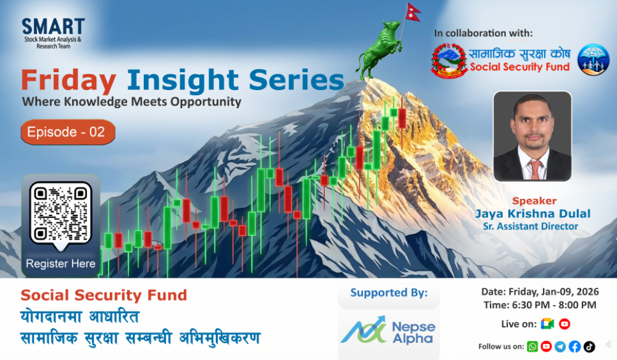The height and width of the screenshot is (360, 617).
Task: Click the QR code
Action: pos(60,212)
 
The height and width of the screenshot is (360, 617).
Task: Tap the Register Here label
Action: pos(60,264)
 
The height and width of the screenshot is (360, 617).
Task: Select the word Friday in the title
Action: pos(68,81)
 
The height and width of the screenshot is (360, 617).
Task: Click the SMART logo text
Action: pos(53,27)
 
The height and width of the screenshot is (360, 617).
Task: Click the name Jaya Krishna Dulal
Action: pos(532,214)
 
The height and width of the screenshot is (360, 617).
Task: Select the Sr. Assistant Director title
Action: pos(531,227)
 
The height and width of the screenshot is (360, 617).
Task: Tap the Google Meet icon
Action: pos(546,324)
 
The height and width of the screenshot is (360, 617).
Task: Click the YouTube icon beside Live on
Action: pos(564,324)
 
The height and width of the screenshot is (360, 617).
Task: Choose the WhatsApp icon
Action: pos(532,346)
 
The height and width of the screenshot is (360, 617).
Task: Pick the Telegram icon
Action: pos(560,346)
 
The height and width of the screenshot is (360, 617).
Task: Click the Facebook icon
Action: pos(574,346)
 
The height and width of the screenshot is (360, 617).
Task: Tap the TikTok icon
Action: pos(589,346)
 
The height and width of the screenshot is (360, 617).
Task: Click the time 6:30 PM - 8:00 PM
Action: pos(540,304)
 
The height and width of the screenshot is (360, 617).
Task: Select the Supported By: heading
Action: pos(389,293)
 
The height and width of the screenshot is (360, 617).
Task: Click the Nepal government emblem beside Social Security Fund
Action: pos(449,61)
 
